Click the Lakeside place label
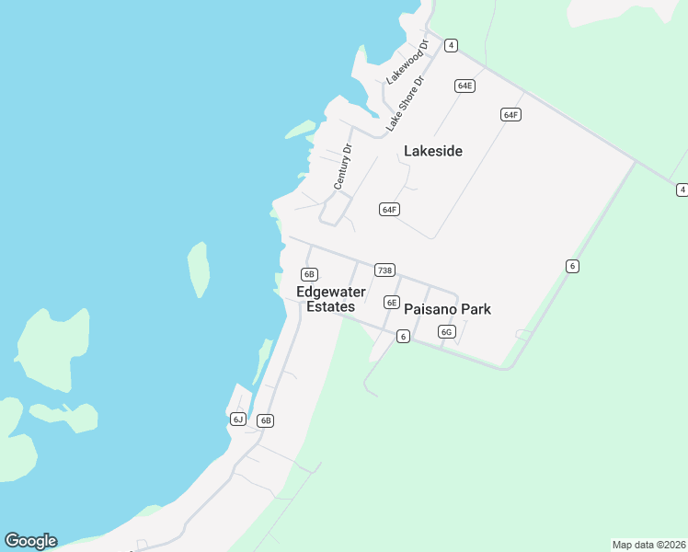pos(433,151)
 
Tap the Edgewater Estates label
pos(331,299)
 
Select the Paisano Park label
pos(447,309)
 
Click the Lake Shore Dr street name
pos(406,101)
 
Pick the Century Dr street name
pos(343,167)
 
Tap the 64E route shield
pos(464,86)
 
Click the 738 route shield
pos(384,270)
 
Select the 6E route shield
pos(392,302)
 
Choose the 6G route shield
pos(447,331)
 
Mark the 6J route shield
pos(238,420)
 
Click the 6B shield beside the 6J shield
pos(266,420)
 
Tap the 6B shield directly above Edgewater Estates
pos(309,273)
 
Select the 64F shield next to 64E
pos(511,114)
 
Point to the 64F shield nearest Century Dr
pos(389,210)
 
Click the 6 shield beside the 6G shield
pos(403,337)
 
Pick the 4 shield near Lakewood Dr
pos(452,45)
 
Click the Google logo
pos(30,541)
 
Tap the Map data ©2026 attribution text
pos(648,544)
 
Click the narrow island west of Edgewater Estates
pos(198,269)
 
